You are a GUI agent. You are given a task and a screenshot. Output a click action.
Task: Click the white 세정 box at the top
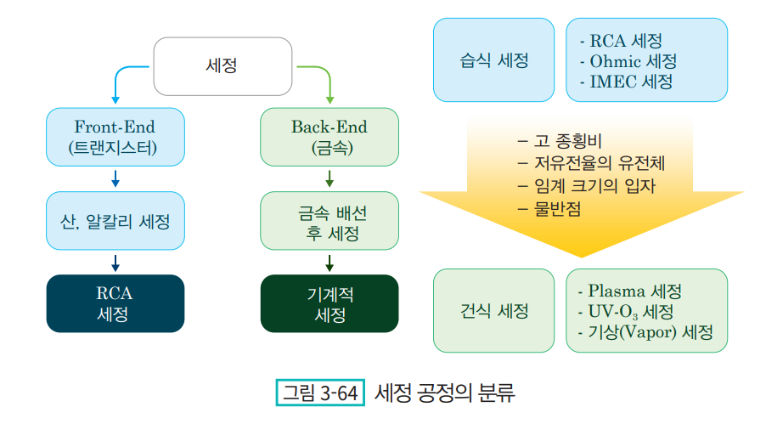point(222,66)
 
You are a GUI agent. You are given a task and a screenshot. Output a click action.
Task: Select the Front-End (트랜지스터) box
point(115,137)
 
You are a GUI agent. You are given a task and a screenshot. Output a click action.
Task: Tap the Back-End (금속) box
point(329,137)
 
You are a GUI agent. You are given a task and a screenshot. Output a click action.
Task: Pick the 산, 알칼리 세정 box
point(115,221)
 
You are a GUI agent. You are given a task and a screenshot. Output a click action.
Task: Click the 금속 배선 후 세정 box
point(329,221)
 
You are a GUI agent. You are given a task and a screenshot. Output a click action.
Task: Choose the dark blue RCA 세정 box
point(115,303)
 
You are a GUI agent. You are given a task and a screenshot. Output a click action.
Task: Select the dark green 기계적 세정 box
point(329,303)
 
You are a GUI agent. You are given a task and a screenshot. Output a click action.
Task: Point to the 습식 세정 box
point(494,60)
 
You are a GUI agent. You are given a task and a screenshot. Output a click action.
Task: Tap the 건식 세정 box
point(494,310)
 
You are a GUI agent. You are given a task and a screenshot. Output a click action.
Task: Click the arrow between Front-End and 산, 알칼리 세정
point(115,179)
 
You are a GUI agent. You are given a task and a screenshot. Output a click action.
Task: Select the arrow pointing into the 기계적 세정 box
point(329,263)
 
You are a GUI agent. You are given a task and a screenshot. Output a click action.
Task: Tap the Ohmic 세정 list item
point(628,61)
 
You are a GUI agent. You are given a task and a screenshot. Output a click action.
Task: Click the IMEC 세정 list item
point(626,82)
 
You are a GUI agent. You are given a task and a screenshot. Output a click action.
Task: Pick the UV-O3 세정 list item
point(626,312)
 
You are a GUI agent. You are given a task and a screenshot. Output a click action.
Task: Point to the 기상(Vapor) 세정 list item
point(645,332)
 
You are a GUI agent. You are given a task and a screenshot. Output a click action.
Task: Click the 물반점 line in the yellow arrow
point(549,209)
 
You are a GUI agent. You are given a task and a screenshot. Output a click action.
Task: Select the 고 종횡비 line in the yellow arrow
point(560,141)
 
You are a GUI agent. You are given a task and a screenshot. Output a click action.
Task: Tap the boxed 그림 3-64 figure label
point(320,393)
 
